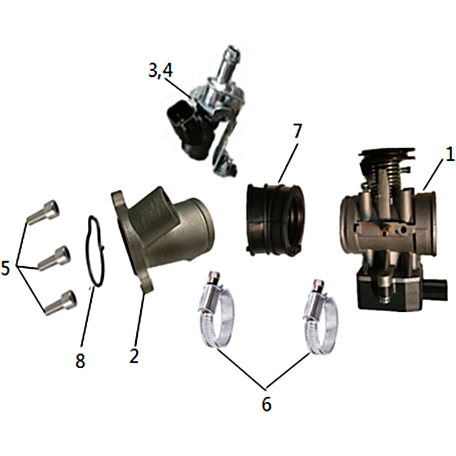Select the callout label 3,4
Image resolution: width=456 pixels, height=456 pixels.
pyautogui.click(x=161, y=70)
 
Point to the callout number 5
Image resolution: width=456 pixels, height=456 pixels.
pyautogui.click(x=6, y=268)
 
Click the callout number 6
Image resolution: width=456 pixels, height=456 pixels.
pyautogui.click(x=267, y=404)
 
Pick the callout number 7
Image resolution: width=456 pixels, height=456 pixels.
pyautogui.click(x=297, y=131)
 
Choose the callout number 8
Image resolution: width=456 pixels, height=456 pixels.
pyautogui.click(x=80, y=361)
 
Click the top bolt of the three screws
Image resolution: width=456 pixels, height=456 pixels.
pyautogui.click(x=43, y=213)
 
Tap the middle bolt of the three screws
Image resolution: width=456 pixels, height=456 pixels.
pyautogui.click(x=54, y=258)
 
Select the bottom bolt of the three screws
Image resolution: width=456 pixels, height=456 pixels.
pyautogui.click(x=61, y=303)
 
